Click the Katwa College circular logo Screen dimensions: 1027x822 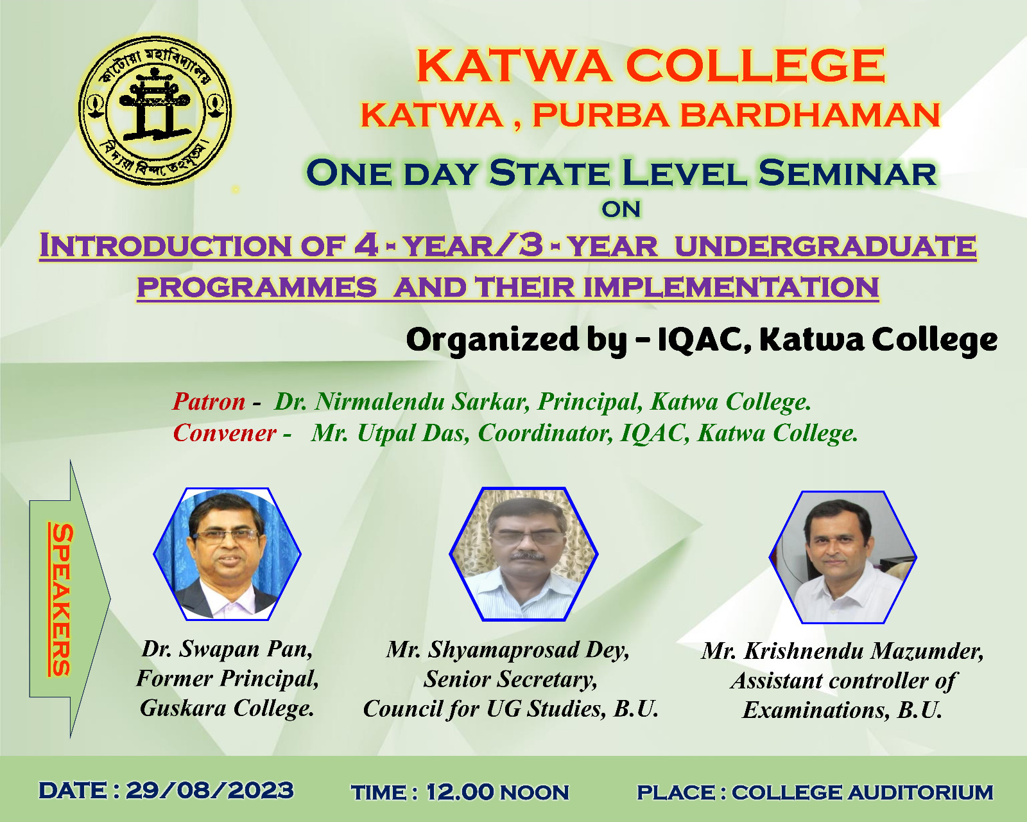coord(155,110)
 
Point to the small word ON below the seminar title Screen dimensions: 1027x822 coord(621,209)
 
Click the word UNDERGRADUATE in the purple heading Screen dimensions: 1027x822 coord(825,246)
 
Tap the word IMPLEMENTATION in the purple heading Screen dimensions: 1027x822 coord(730,287)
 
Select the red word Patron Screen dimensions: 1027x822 coord(209,401)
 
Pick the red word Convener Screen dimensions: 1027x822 coord(224,433)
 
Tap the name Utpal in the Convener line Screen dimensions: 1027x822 coord(386,433)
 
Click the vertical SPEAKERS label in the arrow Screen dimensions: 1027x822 coord(62,599)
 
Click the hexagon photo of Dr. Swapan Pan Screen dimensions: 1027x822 coord(227,554)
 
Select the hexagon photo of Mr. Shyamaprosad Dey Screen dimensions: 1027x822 coord(524,554)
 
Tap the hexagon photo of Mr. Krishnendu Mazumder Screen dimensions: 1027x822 coord(843,557)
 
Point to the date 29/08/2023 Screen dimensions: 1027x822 coord(209,791)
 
